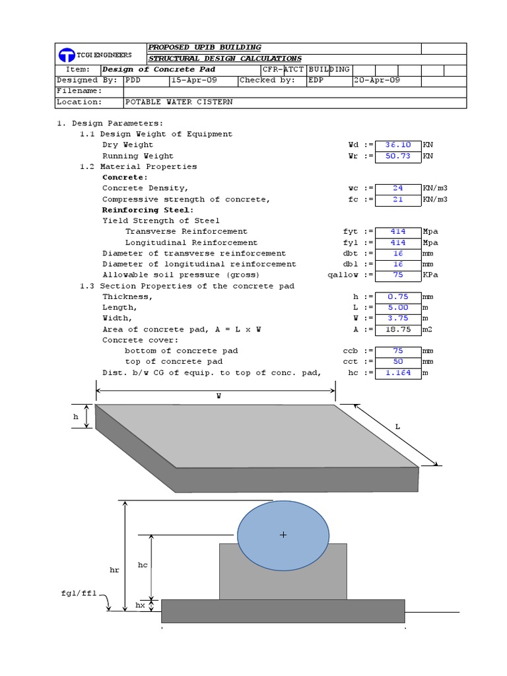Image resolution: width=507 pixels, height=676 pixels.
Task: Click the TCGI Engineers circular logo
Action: (66, 55)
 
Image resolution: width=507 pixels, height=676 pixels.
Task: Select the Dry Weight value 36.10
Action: (397, 145)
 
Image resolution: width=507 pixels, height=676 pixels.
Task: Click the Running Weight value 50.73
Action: (397, 156)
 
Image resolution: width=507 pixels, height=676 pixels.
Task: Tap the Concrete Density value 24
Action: (397, 188)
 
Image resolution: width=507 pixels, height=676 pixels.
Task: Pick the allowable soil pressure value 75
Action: (397, 275)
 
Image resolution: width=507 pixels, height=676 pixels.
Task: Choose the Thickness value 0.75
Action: (397, 296)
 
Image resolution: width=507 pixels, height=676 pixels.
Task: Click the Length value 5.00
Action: (397, 307)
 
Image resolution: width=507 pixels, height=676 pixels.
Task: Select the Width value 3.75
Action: (397, 318)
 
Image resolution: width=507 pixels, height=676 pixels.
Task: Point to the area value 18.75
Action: (397, 329)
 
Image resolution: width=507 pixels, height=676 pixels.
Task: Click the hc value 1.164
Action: (397, 372)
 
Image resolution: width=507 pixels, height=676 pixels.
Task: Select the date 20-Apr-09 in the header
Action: (376, 80)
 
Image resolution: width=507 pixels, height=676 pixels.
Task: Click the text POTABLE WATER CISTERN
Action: (178, 102)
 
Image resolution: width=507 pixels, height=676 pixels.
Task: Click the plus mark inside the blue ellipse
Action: (283, 535)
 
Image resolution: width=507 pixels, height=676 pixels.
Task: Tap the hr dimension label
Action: (114, 569)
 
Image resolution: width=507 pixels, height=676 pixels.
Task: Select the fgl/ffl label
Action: (79, 593)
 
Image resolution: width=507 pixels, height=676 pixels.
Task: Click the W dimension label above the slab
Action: (219, 396)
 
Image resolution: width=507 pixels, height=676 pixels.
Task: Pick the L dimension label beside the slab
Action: (397, 426)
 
